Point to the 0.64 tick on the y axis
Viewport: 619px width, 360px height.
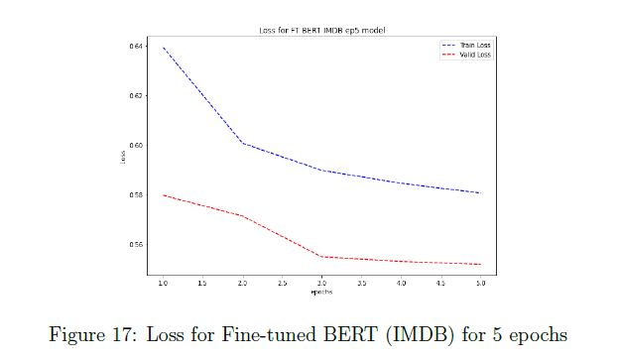click(x=137, y=47)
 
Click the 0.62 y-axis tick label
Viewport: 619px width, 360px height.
click(x=137, y=96)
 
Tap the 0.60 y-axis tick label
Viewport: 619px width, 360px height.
click(x=137, y=145)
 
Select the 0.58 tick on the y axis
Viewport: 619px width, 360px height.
click(x=137, y=194)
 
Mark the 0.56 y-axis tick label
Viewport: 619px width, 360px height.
click(x=137, y=244)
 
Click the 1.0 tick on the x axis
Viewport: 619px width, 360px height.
click(x=163, y=284)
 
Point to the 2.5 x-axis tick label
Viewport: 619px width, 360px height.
click(x=282, y=284)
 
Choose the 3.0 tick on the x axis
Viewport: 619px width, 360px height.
click(x=321, y=284)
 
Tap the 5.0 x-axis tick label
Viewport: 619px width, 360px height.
click(x=480, y=284)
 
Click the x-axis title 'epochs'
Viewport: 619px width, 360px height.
click(x=320, y=293)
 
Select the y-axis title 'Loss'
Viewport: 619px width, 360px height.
click(x=123, y=157)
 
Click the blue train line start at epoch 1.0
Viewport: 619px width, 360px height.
click(x=163, y=48)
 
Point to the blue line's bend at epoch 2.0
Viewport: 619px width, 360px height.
click(x=242, y=143)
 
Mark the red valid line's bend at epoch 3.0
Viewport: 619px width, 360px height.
click(x=321, y=257)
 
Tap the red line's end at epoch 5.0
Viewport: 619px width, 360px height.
click(x=480, y=264)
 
